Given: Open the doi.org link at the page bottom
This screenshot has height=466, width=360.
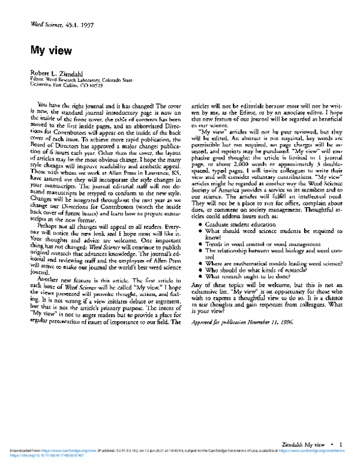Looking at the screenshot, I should [36, 455].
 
